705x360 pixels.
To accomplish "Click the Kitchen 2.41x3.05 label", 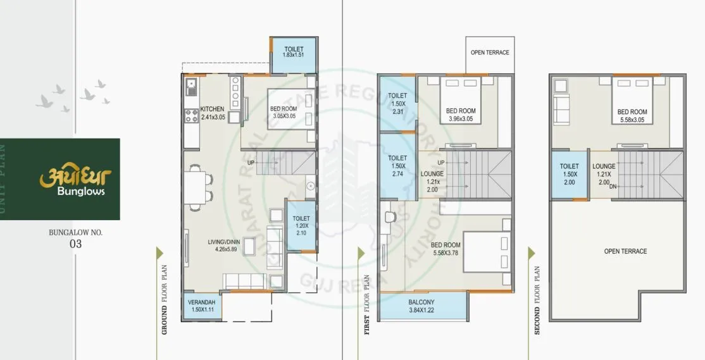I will (x=213, y=113).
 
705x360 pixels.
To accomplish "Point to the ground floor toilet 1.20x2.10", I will (x=301, y=225).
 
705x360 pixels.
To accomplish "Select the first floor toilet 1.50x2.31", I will (x=397, y=103).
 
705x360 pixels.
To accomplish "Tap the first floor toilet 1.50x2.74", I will (x=397, y=165).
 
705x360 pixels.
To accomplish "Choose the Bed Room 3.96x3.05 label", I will (x=460, y=115).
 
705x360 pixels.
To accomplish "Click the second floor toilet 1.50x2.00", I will (x=569, y=174).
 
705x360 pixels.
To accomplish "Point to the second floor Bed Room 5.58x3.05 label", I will (x=632, y=116).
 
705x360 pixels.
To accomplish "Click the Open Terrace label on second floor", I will (x=625, y=251).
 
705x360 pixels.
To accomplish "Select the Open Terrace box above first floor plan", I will (x=489, y=53).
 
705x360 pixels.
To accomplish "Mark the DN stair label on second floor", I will (x=613, y=187).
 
